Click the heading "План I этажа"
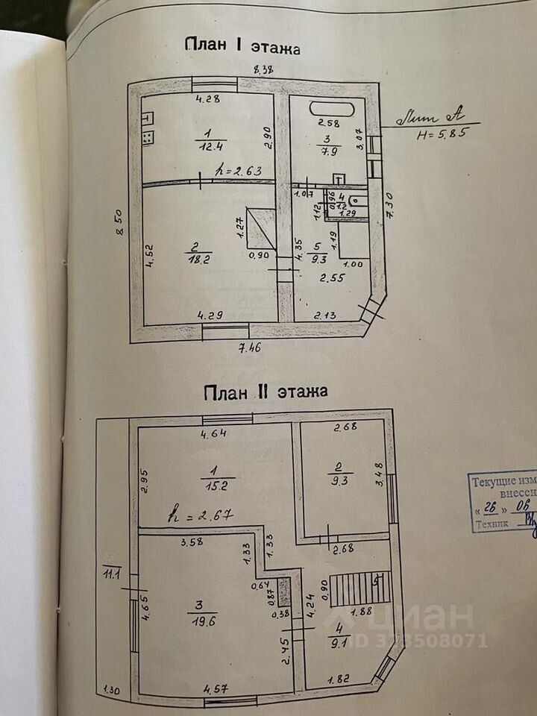coord(242,48)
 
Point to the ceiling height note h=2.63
coord(238,171)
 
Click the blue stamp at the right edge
coord(501,503)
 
